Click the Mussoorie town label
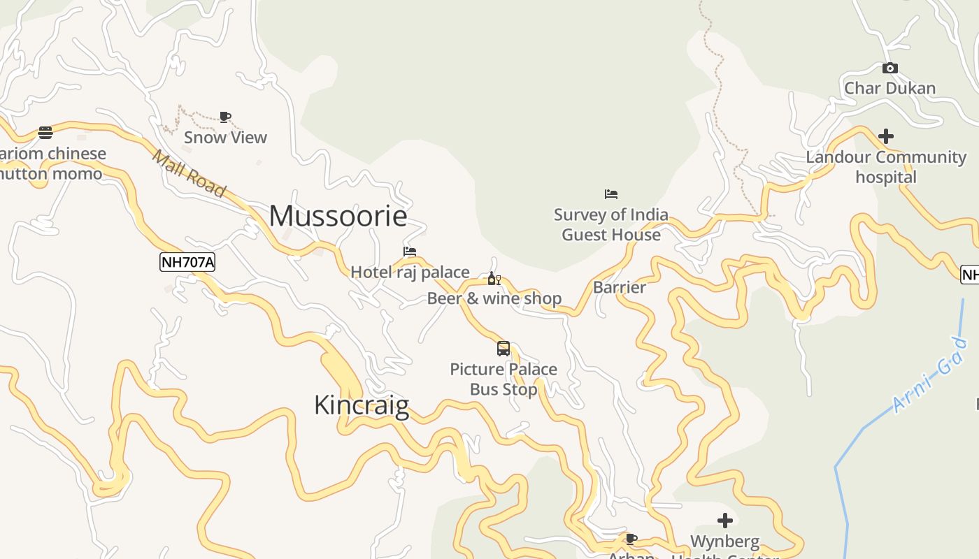pyautogui.click(x=338, y=216)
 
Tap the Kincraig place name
pyautogui.click(x=361, y=405)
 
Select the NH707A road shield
pyautogui.click(x=187, y=262)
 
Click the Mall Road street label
pyautogui.click(x=189, y=174)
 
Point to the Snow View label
pyautogui.click(x=225, y=137)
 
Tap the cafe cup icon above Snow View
pyautogui.click(x=225, y=117)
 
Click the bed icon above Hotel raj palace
pyautogui.click(x=410, y=252)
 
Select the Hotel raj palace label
pyautogui.click(x=410, y=272)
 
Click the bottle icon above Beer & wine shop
pyautogui.click(x=494, y=279)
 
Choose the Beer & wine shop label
pyautogui.click(x=494, y=298)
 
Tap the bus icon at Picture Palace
pyautogui.click(x=503, y=348)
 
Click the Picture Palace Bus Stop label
pyautogui.click(x=503, y=379)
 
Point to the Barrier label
pyautogui.click(x=619, y=287)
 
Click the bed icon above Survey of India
pyautogui.click(x=611, y=194)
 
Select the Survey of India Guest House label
pyautogui.click(x=611, y=224)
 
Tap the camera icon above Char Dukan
pyautogui.click(x=889, y=68)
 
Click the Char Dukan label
pyautogui.click(x=889, y=88)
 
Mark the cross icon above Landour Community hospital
pyautogui.click(x=886, y=136)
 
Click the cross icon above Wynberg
pyautogui.click(x=725, y=521)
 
